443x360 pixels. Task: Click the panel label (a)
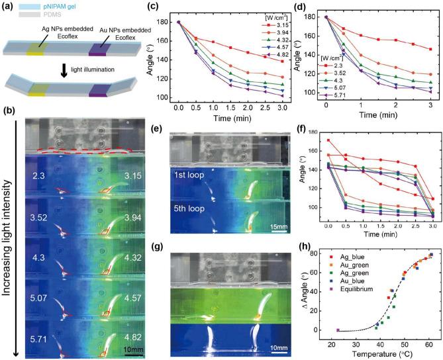[8, 7]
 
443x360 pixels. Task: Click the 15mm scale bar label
[279, 227]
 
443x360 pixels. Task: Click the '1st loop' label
[189, 175]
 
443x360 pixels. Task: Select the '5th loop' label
[189, 208]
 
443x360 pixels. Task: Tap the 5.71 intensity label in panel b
[38, 338]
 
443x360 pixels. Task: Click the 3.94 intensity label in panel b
[132, 218]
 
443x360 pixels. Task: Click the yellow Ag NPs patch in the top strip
[36, 49]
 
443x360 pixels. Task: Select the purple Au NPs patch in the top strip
[98, 50]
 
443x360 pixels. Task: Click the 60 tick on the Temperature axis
[429, 345]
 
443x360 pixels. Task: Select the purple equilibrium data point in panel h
[338, 330]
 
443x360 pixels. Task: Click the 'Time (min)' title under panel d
[378, 115]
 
